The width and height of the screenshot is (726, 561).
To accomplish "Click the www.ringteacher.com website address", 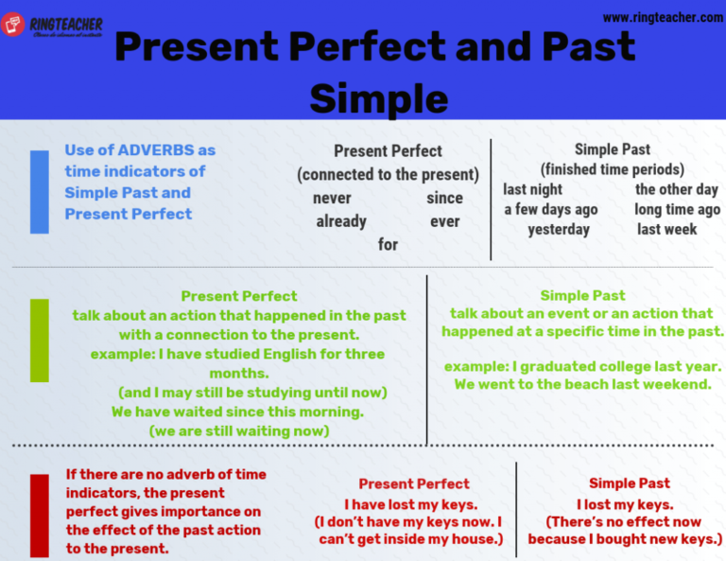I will pyautogui.click(x=663, y=17).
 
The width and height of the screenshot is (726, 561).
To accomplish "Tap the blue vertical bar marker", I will pyautogui.click(x=39, y=192).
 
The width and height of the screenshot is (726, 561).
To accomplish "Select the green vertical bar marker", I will pyautogui.click(x=39, y=340).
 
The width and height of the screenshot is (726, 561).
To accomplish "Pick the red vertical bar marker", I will pyautogui.click(x=39, y=516).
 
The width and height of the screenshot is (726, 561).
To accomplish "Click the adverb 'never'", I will pyautogui.click(x=332, y=199).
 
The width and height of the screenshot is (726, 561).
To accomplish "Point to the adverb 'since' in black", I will pyautogui.click(x=444, y=199).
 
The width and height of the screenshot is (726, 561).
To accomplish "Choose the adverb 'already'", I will pyautogui.click(x=341, y=221).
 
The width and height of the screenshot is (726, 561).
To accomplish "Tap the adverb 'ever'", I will pyautogui.click(x=444, y=221).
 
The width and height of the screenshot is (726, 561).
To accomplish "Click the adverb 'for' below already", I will pyautogui.click(x=388, y=244).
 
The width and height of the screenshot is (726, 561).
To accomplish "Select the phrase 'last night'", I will pyautogui.click(x=533, y=189).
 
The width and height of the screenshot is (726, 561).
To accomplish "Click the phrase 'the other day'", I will pyautogui.click(x=677, y=189).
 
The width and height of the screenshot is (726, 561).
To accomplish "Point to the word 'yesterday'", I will pyautogui.click(x=559, y=229).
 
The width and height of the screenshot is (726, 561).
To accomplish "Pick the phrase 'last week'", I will pyautogui.click(x=667, y=229).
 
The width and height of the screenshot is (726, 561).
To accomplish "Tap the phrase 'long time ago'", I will pyautogui.click(x=677, y=209).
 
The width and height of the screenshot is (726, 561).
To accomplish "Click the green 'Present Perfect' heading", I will pyautogui.click(x=239, y=296).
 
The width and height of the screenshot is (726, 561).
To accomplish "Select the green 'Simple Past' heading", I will pyautogui.click(x=582, y=296).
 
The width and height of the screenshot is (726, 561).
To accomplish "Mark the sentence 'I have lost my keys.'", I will pyautogui.click(x=410, y=504).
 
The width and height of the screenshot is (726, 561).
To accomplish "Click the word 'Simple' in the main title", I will pyautogui.click(x=378, y=98).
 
